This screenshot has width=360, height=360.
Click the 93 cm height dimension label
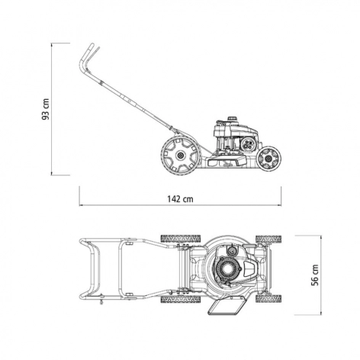(46, 109)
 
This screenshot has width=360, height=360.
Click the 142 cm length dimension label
(180, 199)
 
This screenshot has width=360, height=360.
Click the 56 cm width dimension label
(315, 275)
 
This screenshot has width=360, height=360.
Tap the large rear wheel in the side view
(181, 156)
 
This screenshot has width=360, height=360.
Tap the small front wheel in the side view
(268, 159)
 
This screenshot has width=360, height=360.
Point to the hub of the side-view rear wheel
(181, 156)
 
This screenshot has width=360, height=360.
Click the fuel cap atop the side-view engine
(232, 118)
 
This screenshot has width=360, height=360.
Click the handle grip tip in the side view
(92, 47)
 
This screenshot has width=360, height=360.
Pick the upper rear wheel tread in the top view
(181, 239)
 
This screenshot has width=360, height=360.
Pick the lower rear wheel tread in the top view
(181, 300)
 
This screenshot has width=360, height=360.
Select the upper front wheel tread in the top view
(268, 239)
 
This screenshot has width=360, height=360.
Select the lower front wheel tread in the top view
(268, 298)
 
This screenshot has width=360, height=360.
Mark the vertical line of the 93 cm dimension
(52, 109)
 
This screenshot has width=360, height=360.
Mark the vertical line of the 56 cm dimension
(321, 275)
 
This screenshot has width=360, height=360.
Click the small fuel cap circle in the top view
(232, 251)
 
